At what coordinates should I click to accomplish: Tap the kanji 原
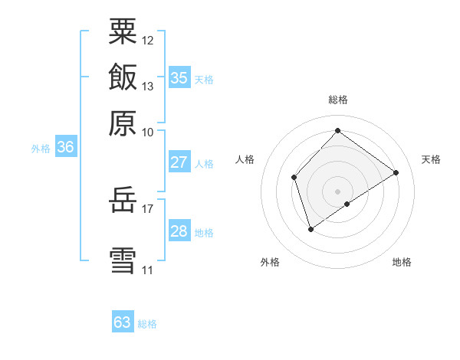(123, 123)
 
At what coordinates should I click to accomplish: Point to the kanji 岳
(123, 202)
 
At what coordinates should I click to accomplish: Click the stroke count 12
(148, 40)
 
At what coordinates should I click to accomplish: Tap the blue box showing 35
(179, 77)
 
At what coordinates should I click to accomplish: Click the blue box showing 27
(179, 162)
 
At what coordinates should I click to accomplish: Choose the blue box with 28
(179, 232)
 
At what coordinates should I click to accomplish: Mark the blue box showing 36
(65, 148)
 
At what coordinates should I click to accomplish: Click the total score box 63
(123, 322)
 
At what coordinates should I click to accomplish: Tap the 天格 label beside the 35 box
(204, 80)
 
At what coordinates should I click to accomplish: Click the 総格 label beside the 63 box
(147, 324)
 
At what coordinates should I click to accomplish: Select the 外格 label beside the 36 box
(41, 149)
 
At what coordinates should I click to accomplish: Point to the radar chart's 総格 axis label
(338, 100)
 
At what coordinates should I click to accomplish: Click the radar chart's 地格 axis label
(402, 263)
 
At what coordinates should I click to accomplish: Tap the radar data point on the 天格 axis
(396, 172)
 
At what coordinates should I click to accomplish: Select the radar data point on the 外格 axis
(310, 228)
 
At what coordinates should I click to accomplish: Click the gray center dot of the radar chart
(337, 191)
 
